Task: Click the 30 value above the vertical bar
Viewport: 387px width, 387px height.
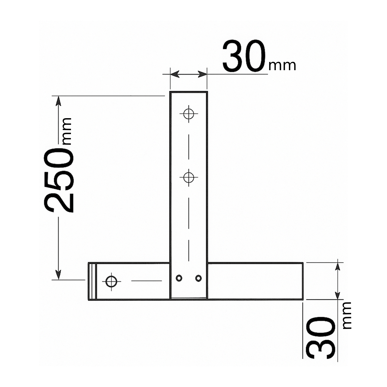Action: pyautogui.click(x=244, y=56)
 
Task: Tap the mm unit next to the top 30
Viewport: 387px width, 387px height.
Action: pyautogui.click(x=282, y=66)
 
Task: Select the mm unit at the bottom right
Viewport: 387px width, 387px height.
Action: pyautogui.click(x=347, y=315)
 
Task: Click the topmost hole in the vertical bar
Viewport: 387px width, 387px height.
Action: pyautogui.click(x=189, y=114)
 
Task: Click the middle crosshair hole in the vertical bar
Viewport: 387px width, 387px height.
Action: pyautogui.click(x=189, y=178)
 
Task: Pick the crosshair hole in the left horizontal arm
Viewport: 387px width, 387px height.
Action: pyautogui.click(x=111, y=281)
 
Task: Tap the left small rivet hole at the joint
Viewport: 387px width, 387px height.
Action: pyautogui.click(x=179, y=278)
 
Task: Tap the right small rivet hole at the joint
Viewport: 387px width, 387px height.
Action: pyautogui.click(x=198, y=278)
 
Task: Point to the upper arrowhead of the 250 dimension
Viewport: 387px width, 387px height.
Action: pyautogui.click(x=59, y=101)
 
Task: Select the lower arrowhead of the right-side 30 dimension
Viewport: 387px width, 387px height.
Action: pyautogui.click(x=337, y=295)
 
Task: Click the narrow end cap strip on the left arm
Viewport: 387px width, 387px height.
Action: pyautogui.click(x=92, y=281)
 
